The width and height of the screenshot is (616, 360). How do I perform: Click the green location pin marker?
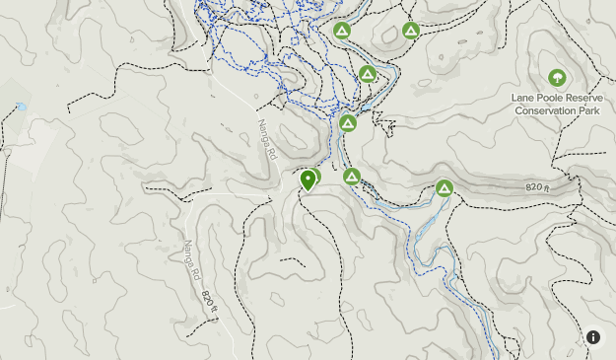click(308, 180)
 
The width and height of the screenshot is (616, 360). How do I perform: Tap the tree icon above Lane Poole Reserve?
click(557, 78)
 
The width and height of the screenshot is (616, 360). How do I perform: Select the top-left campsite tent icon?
click(342, 31)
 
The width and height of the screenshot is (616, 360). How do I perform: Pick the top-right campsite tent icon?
click(411, 31)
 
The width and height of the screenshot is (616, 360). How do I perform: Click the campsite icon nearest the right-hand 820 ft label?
click(445, 187)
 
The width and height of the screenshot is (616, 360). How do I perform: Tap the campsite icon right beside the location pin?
click(352, 177)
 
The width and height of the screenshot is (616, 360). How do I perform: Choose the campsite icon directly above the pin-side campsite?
click(347, 123)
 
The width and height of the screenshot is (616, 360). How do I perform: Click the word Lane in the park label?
click(522, 98)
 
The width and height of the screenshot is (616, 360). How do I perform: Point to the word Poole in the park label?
click(549, 98)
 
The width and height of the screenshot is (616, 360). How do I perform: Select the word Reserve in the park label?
click(583, 98)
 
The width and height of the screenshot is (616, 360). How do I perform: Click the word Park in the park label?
click(589, 110)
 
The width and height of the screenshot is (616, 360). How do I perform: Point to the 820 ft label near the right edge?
click(538, 185)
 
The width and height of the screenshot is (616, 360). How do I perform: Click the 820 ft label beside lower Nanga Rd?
click(207, 300)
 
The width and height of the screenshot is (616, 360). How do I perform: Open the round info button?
click(593, 337)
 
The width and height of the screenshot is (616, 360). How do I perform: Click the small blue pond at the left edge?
click(21, 106)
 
